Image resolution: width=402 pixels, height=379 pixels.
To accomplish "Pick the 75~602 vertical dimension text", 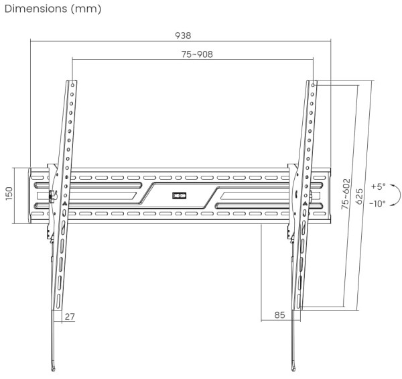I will [345, 195].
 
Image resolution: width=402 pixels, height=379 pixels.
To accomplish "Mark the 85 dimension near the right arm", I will [279, 315].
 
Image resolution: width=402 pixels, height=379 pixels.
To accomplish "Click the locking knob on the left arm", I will [52, 197].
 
